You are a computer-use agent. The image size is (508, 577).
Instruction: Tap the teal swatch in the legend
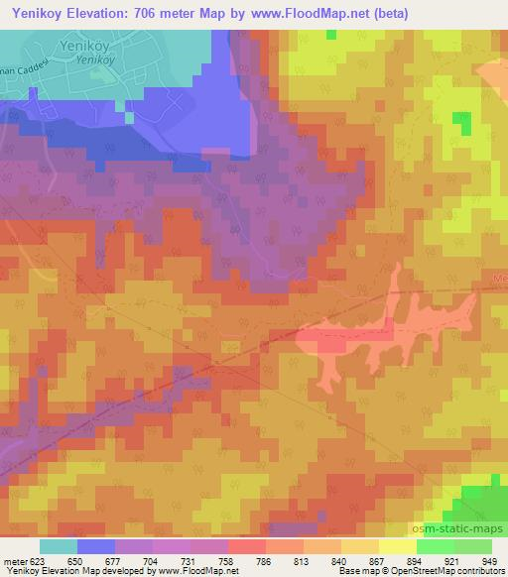click(x=59, y=545)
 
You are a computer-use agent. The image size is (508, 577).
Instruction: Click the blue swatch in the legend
click(x=96, y=545)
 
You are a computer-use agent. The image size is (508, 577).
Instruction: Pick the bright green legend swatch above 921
click(x=436, y=545)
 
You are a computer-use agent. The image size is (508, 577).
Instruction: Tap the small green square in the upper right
click(x=461, y=122)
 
